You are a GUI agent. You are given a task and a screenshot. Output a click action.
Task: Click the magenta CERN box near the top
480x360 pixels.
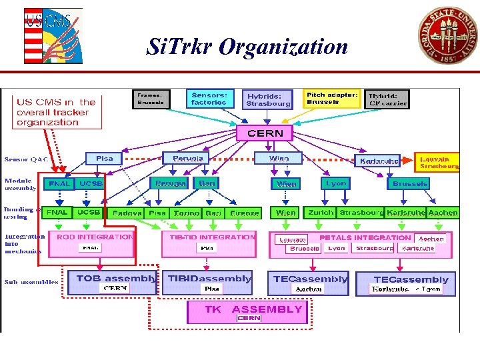pyautogui.click(x=265, y=133)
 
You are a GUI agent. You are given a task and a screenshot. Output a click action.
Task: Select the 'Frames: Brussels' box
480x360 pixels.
pyautogui.click(x=150, y=99)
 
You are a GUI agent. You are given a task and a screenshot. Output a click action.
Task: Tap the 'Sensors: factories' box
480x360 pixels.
pyautogui.click(x=209, y=99)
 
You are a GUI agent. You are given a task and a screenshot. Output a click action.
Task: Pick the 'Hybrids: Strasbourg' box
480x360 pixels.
pyautogui.click(x=268, y=100)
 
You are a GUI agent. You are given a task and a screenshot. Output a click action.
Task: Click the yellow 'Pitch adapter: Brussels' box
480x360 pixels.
pyautogui.click(x=332, y=99)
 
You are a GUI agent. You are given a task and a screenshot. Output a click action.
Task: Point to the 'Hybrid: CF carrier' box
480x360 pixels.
pyautogui.click(x=388, y=100)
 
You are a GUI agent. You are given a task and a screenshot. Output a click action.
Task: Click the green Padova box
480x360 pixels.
pyautogui.click(x=127, y=213)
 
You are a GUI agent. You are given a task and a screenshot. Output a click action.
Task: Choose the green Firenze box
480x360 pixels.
pyautogui.click(x=244, y=213)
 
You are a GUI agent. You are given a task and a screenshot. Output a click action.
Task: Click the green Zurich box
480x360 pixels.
pyautogui.click(x=321, y=213)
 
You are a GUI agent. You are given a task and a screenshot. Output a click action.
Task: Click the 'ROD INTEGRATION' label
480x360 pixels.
pyautogui.click(x=95, y=237)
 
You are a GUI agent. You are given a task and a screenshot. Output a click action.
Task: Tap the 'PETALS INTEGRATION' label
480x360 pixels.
pyautogui.click(x=365, y=237)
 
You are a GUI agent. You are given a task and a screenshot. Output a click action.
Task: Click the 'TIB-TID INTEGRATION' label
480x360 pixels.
pyautogui.click(x=212, y=237)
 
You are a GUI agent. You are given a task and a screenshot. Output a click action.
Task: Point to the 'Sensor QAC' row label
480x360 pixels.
pyautogui.click(x=24, y=160)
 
